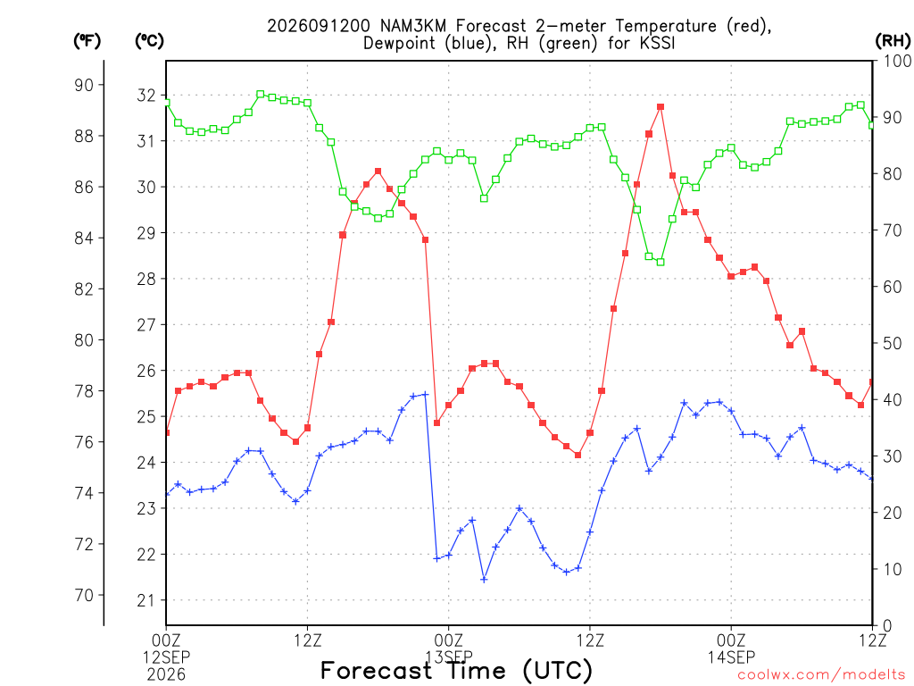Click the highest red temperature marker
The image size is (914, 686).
coord(661,107)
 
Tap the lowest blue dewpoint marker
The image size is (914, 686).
coord(484,579)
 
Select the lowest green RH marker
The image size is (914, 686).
coord(661,262)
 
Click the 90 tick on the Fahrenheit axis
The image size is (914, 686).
coord(84,85)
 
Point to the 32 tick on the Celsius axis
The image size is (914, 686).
coord(146,95)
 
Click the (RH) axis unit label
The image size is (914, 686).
coord(893,40)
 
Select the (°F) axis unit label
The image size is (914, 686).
coord(87,40)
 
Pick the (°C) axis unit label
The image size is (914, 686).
coord(149,40)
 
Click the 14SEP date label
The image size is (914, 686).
coord(731,657)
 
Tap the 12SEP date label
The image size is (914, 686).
coord(166,657)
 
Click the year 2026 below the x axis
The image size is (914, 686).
coord(166,675)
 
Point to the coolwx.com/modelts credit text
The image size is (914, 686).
coord(821,675)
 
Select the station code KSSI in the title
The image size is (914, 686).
coord(655,43)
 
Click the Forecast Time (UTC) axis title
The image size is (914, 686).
coord(456,671)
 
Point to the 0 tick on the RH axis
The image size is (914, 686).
coord(887,626)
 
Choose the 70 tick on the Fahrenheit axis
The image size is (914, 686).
coord(84,596)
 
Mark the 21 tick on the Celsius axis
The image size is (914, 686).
coord(146,600)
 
